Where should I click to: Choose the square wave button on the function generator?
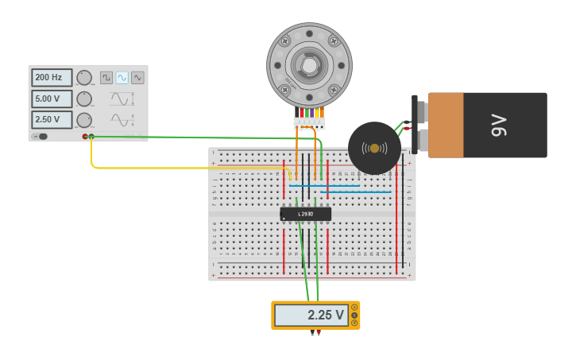click(x=106, y=78)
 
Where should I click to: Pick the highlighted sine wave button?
click(x=122, y=78)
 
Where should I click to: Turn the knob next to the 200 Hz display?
click(x=84, y=78)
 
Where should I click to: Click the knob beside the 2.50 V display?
click(x=84, y=120)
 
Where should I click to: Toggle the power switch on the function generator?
click(x=41, y=137)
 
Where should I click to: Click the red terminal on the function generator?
click(x=85, y=137)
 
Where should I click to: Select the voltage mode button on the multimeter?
click(x=354, y=315)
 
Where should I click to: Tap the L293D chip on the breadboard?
click(x=306, y=214)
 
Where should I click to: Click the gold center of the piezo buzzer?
click(x=374, y=148)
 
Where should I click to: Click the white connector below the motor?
click(x=309, y=123)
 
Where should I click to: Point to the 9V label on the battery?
click(x=498, y=125)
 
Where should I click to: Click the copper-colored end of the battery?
click(x=446, y=125)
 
